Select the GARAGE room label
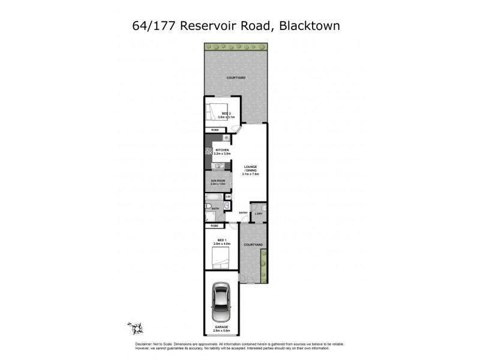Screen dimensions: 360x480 pyautogui.click(x=221, y=328)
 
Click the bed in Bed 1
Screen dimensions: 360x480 pyautogui.click(x=220, y=259)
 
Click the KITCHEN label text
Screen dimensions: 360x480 pyautogui.click(x=223, y=150)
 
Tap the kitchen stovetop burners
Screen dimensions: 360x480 pyautogui.click(x=209, y=152)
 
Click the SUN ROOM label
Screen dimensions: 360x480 pyautogui.click(x=217, y=179)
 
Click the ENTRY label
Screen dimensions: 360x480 pyautogui.click(x=244, y=213)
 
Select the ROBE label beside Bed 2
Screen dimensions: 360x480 pyautogui.click(x=214, y=130)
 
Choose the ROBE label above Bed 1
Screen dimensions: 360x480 pyautogui.click(x=214, y=226)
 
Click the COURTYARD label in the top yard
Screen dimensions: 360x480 pyautogui.click(x=235, y=78)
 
